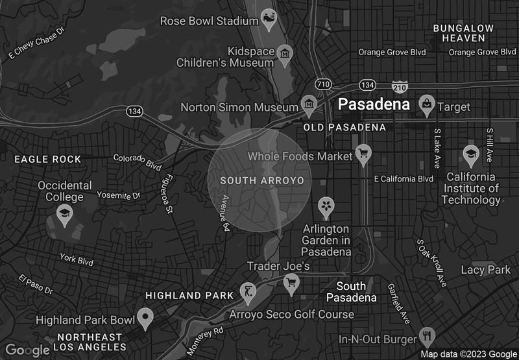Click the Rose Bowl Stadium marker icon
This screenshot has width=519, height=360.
268,18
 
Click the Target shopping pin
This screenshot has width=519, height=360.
426,103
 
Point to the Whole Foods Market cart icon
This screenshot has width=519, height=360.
363,154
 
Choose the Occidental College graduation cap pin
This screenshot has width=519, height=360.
64,213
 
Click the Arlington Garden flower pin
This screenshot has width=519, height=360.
325,206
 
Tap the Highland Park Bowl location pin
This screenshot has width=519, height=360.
145,318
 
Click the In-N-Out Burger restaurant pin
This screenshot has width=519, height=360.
427,336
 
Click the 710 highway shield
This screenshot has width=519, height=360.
323,85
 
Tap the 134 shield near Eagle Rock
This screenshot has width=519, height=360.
134,112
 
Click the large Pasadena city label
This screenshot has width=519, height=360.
374,104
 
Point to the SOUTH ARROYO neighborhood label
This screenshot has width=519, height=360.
262,180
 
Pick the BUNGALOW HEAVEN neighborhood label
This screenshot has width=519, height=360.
463,33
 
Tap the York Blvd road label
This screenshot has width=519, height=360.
76,259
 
